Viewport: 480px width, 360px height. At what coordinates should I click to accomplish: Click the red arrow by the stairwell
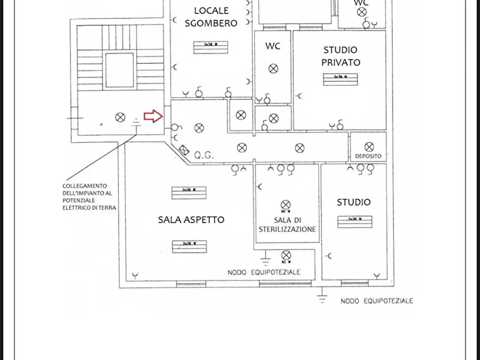[x=153, y=116]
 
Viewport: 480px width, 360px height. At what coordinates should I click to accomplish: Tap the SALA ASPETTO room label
[x=191, y=220]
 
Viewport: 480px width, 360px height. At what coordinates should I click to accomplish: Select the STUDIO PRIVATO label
[x=341, y=56]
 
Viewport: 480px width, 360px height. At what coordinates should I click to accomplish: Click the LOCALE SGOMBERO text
[x=211, y=17]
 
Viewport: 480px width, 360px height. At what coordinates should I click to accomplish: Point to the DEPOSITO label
[x=368, y=156]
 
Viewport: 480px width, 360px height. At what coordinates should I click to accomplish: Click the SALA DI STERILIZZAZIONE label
[x=287, y=225]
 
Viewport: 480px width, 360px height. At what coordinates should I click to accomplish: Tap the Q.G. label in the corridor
[x=204, y=155]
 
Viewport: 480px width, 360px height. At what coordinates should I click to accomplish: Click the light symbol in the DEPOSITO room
[x=369, y=147]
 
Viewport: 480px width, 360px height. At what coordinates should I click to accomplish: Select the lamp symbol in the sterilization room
[x=285, y=205]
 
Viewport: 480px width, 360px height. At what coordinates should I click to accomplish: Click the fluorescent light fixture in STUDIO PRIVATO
[x=340, y=79]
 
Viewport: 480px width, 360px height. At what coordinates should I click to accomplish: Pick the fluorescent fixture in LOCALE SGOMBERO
[x=211, y=47]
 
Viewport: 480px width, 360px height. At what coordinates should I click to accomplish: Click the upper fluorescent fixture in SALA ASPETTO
[x=189, y=192]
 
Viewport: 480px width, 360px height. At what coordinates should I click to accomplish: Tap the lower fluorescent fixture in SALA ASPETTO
[x=189, y=246]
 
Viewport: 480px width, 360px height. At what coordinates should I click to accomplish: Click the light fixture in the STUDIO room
[x=354, y=221]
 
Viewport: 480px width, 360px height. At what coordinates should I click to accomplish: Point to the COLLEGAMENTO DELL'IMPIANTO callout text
[x=89, y=197]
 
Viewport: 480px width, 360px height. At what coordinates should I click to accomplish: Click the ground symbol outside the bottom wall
[x=321, y=297]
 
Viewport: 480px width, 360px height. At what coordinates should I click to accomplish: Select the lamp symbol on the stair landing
[x=120, y=117]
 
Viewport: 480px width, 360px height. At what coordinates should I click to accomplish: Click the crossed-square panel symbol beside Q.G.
[x=184, y=151]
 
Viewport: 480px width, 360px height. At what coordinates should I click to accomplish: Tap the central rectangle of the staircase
[x=119, y=70]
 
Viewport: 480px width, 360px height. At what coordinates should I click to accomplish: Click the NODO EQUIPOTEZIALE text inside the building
[x=263, y=272]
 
